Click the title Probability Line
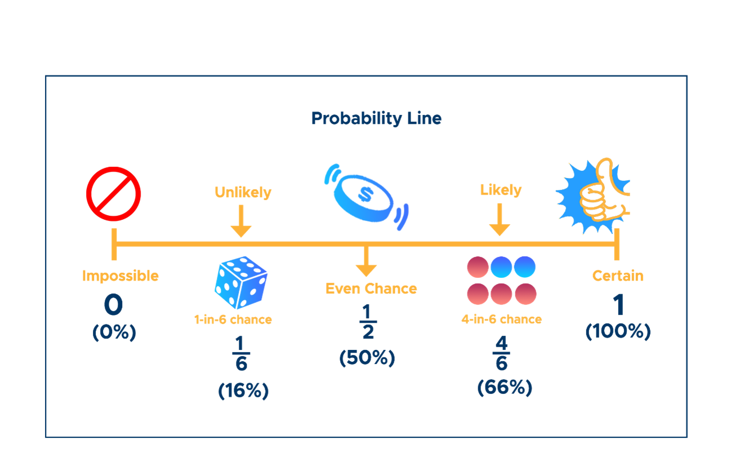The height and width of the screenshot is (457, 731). click(376, 119)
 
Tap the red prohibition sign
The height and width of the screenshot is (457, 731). click(113, 194)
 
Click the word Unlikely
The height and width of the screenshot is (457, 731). click(243, 192)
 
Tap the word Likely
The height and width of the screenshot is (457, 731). click(500, 190)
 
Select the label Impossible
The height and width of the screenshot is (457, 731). click(121, 276)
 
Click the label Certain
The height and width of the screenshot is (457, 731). click(618, 276)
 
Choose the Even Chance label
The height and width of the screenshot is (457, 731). click(371, 289)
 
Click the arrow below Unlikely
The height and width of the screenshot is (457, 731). click(241, 221)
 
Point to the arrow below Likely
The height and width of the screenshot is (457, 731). click(500, 220)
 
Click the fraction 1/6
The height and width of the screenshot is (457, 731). click(241, 354)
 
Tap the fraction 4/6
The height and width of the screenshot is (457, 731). click(501, 353)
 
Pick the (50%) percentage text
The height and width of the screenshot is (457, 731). click(367, 358)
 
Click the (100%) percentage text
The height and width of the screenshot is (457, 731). click(618, 332)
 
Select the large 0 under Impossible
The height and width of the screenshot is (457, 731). click(113, 306)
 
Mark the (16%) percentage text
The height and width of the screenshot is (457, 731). click(243, 391)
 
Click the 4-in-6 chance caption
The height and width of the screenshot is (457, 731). click(501, 320)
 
